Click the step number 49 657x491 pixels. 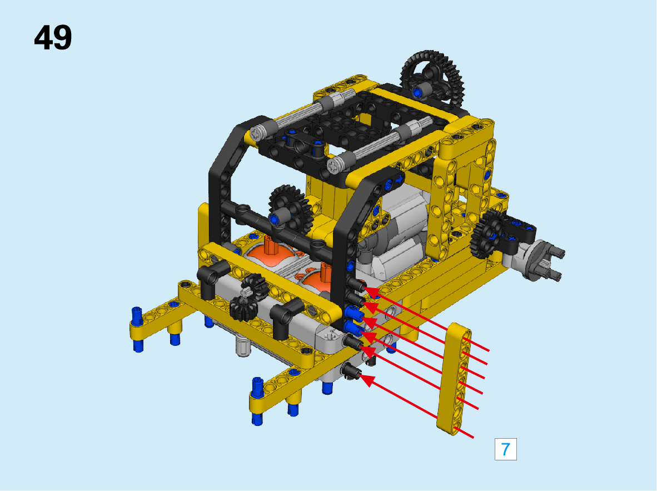(x=53, y=38)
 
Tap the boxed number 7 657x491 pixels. (x=505, y=449)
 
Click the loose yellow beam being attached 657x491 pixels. (x=454, y=379)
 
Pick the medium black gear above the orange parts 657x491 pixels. (x=289, y=207)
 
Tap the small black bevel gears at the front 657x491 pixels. (x=250, y=296)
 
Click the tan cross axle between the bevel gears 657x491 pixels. (x=246, y=292)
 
